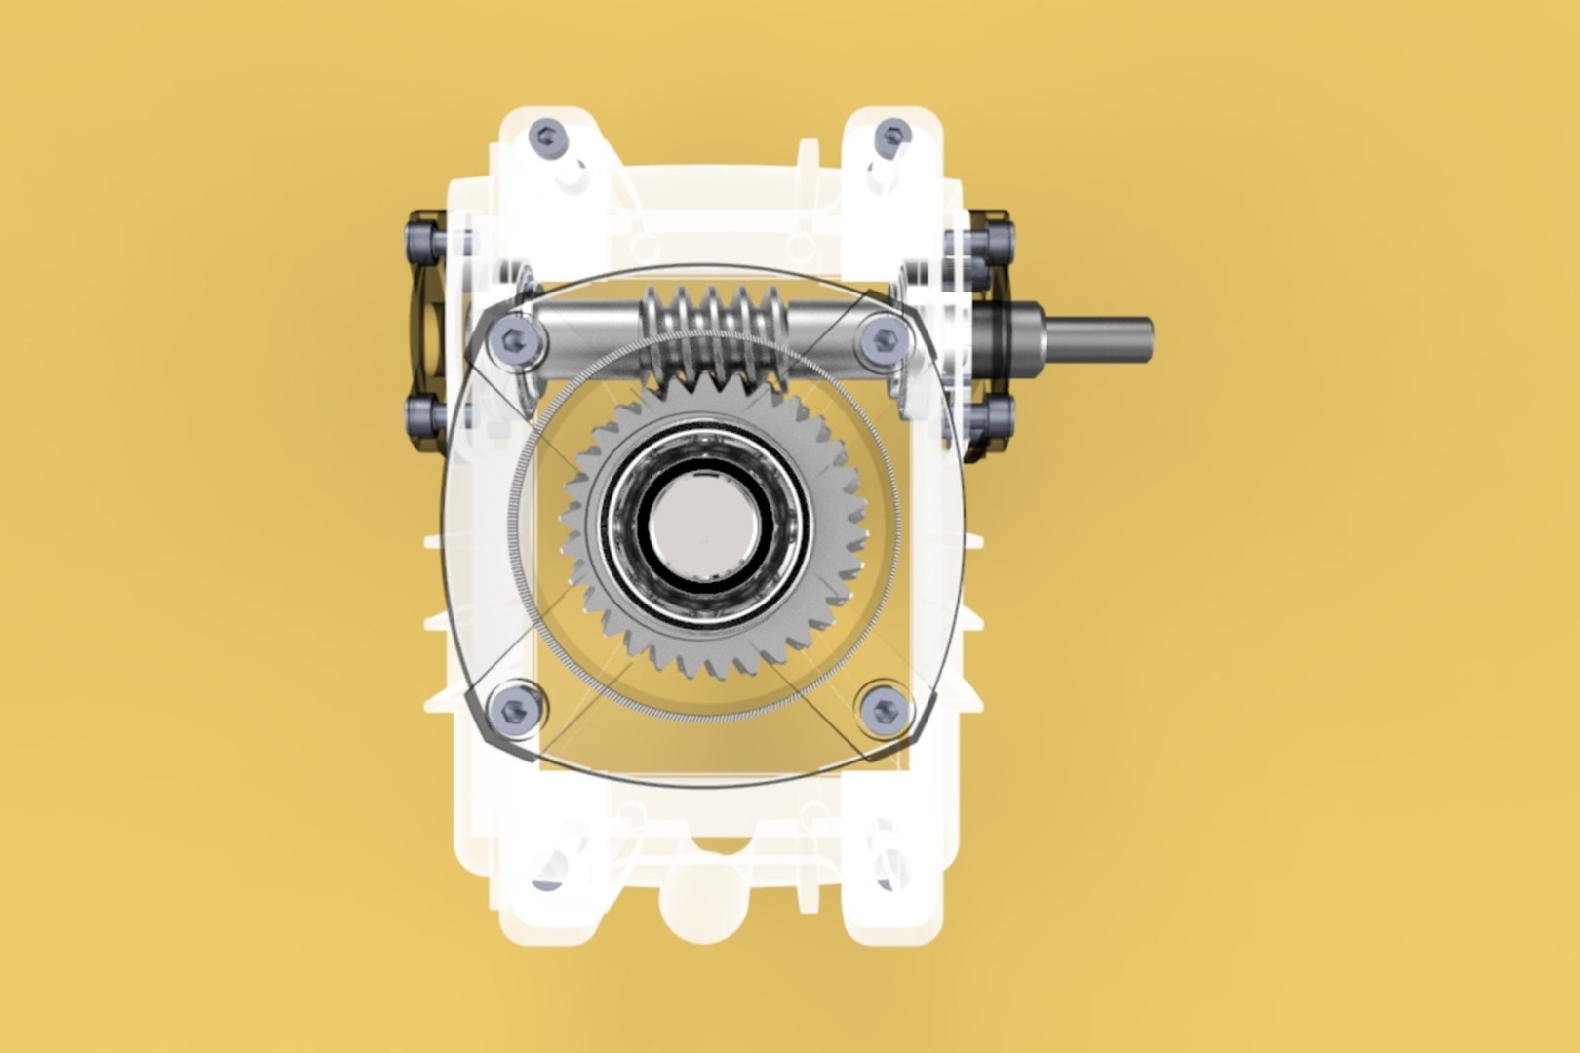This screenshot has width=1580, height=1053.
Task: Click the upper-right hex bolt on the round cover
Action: pos(884,339)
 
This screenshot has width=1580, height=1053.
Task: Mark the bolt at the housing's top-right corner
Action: pos(892,135)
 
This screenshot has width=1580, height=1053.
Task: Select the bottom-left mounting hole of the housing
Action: pos(549,868)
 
